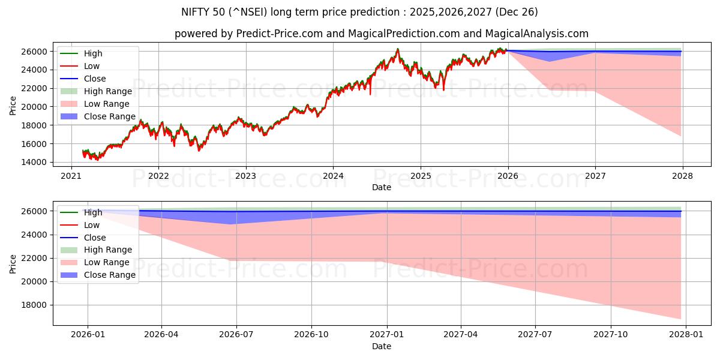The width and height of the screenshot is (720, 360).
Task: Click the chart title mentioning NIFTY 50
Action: [359, 12]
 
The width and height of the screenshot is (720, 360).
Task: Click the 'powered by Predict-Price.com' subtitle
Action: [381, 34]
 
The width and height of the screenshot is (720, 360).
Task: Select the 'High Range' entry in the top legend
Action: [107, 91]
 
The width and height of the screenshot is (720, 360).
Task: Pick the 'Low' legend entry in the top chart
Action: [92, 66]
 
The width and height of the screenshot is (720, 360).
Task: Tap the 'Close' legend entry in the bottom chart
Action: [94, 238]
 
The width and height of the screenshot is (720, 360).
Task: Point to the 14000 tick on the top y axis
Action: [35, 162]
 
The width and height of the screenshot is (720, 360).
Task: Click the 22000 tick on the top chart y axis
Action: [35, 88]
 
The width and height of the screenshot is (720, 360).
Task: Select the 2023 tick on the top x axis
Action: [245, 176]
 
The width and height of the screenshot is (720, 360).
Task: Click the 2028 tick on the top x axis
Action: [682, 176]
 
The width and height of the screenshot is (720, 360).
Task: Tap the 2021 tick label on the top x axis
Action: [71, 176]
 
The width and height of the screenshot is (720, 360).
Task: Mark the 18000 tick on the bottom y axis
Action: [35, 305]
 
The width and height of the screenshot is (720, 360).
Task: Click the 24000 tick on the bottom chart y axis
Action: [35, 235]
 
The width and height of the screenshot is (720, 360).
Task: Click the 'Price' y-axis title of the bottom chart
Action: [13, 263]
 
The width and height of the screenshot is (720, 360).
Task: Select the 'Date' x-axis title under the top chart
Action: [381, 187]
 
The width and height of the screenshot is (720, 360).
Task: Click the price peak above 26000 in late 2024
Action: [397, 49]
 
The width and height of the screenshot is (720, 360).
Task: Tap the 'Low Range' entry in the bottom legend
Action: [106, 262]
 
